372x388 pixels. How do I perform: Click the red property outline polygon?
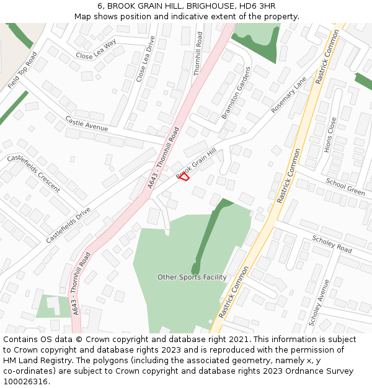click(x=184, y=177)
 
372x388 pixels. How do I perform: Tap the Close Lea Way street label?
click(x=96, y=50)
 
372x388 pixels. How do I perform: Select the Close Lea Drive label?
click(x=146, y=59)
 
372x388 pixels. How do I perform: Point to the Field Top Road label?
click(x=22, y=70)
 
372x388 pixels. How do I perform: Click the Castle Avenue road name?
click(x=86, y=124)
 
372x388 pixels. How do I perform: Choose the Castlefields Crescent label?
click(x=33, y=173)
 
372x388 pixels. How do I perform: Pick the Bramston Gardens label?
click(x=236, y=92)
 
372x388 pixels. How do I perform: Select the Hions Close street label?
click(x=330, y=135)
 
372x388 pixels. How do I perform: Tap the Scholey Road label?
click(x=332, y=245)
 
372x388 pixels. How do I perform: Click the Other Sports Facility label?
click(x=192, y=277)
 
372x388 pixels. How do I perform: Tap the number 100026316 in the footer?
click(x=25, y=382)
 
